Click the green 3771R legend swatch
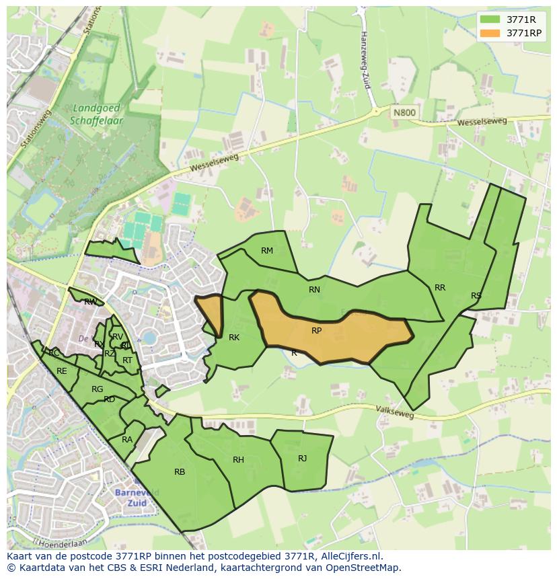[489, 19]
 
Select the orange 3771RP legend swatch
[489, 33]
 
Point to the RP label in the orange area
[316, 331]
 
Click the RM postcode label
[267, 251]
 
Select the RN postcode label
[314, 290]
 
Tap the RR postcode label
[440, 288]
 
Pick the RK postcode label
[234, 338]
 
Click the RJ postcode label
[303, 459]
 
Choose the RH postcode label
[238, 460]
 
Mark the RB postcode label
[180, 472]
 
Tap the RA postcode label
[127, 440]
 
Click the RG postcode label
[98, 389]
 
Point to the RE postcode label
[62, 371]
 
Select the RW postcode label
[90, 302]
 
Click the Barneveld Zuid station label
[137, 498]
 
